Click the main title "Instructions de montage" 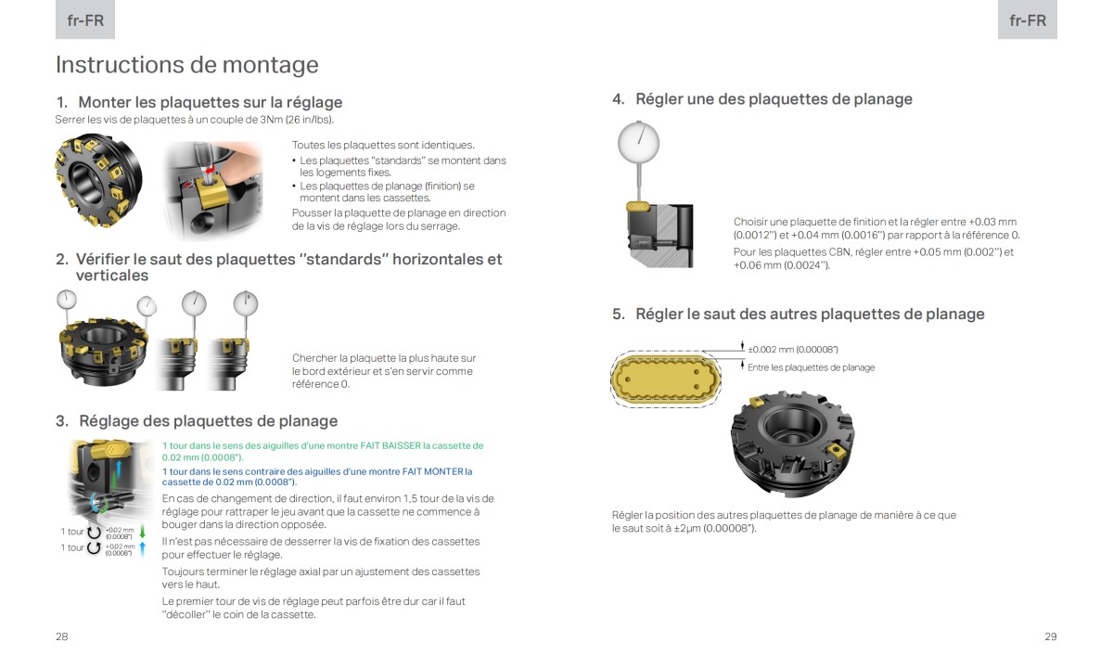[186, 65]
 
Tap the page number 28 [61, 636]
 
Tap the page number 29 [1050, 636]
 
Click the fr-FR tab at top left [85, 20]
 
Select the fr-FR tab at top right [1027, 20]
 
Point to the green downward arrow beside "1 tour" [143, 533]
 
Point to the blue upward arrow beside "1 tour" [143, 548]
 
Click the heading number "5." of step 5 [619, 315]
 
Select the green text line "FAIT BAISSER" [322, 446]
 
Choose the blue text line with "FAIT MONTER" [316, 471]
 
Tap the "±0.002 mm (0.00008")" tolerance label [793, 350]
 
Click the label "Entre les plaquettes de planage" [811, 367]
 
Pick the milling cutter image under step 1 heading [96, 179]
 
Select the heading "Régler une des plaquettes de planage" [774, 99]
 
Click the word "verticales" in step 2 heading [111, 276]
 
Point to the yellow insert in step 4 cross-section [637, 207]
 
